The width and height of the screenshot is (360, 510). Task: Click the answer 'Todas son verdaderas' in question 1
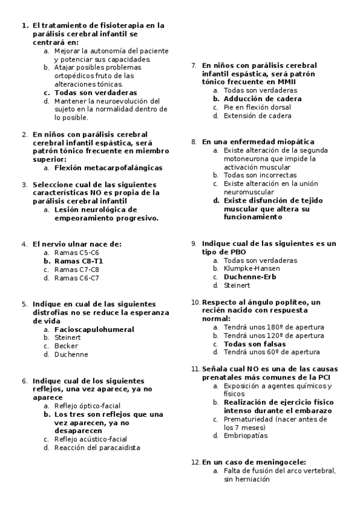pyautogui.click(x=96, y=93)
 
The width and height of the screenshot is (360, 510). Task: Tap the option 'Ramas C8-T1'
pyautogui.click(x=79, y=262)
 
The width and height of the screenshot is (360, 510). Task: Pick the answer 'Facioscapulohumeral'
pyautogui.click(x=94, y=330)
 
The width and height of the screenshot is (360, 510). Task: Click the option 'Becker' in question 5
pyautogui.click(x=66, y=346)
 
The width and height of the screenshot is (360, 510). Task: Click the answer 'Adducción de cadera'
pyautogui.click(x=263, y=99)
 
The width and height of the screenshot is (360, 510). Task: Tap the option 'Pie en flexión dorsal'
pyautogui.click(x=257, y=107)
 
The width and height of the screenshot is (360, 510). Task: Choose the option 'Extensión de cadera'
pyautogui.click(x=257, y=115)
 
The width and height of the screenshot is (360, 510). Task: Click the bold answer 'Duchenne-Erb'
pyautogui.click(x=250, y=277)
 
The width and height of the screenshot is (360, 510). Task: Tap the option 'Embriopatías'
pyautogui.click(x=246, y=435)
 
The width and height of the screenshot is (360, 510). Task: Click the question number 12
pyautogui.click(x=195, y=462)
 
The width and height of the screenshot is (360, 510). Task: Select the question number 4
pyautogui.click(x=25, y=244)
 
